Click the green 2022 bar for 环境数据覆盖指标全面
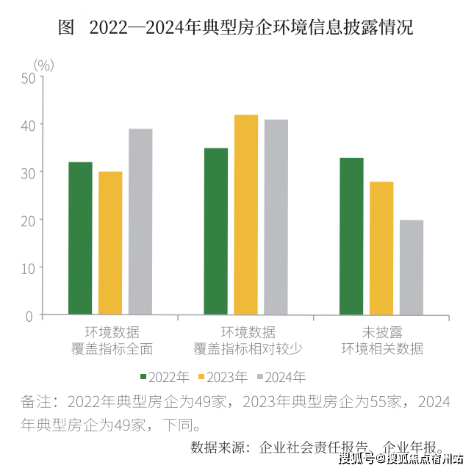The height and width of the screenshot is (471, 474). click(x=80, y=239)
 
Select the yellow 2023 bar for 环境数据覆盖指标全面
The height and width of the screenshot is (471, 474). click(x=110, y=243)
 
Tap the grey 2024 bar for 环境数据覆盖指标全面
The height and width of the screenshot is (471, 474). click(x=140, y=222)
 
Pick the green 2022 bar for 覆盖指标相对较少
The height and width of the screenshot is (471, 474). click(x=216, y=231)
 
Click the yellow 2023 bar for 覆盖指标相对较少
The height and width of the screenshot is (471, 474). click(x=246, y=215)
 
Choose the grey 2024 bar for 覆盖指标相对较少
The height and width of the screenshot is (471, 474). click(x=276, y=217)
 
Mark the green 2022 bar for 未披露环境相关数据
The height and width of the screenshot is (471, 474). click(x=351, y=237)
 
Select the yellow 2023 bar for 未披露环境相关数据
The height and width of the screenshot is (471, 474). click(x=381, y=248)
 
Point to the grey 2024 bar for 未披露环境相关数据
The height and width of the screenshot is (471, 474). click(x=412, y=267)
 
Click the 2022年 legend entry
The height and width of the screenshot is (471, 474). click(x=164, y=377)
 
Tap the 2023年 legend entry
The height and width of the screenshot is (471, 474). click(x=223, y=377)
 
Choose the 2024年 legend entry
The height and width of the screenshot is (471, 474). click(x=281, y=377)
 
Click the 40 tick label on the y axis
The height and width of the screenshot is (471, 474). click(x=28, y=125)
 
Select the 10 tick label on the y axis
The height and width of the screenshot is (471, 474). click(x=28, y=267)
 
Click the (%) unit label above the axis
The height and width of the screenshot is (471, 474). click(x=43, y=65)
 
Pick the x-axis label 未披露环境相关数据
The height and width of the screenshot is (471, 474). click(x=381, y=339)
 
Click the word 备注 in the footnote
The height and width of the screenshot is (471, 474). click(x=37, y=402)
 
